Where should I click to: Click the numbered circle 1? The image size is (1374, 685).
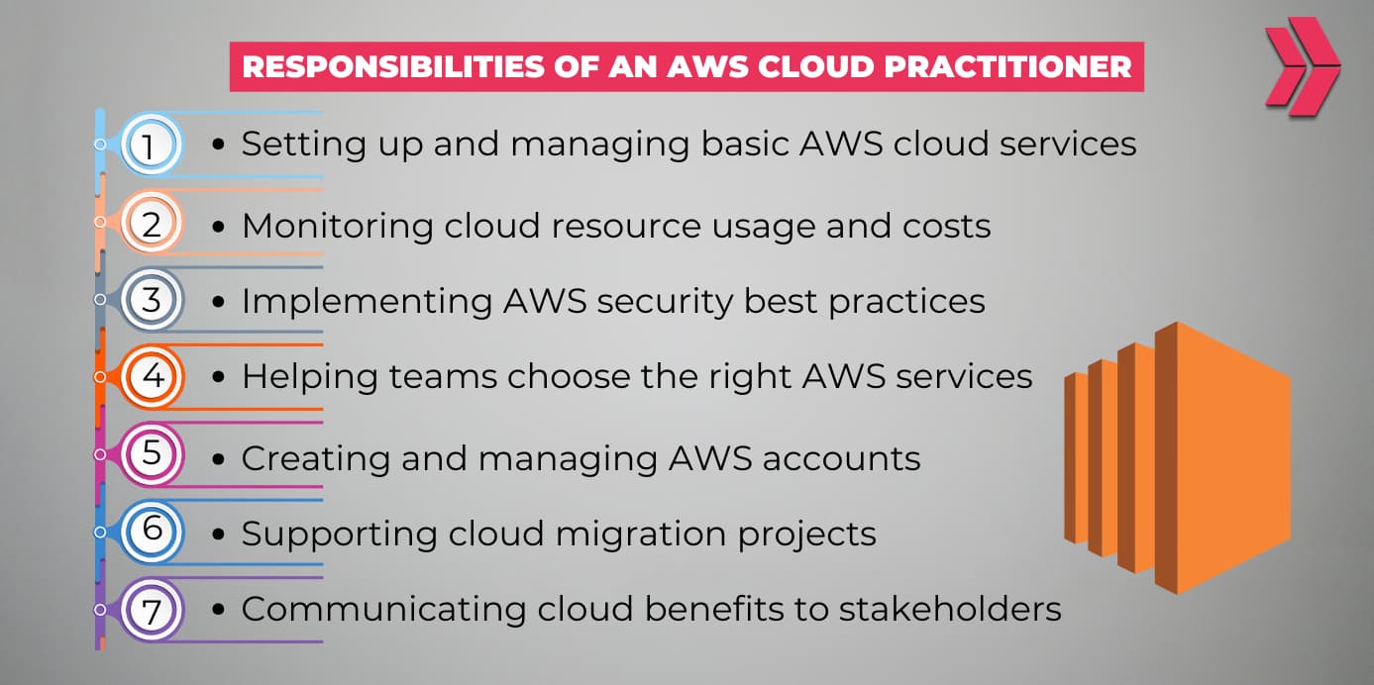pos(151,145)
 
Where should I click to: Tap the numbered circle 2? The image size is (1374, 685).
pos(151,224)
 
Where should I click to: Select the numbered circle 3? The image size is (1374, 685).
pos(151,299)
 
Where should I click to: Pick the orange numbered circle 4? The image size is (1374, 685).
pos(151,376)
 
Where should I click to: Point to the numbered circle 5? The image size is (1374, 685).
pos(151,453)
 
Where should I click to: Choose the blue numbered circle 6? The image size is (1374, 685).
pos(151,530)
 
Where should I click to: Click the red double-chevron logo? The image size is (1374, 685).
pos(1301,66)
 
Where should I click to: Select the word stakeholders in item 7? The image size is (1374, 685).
pos(950,609)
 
